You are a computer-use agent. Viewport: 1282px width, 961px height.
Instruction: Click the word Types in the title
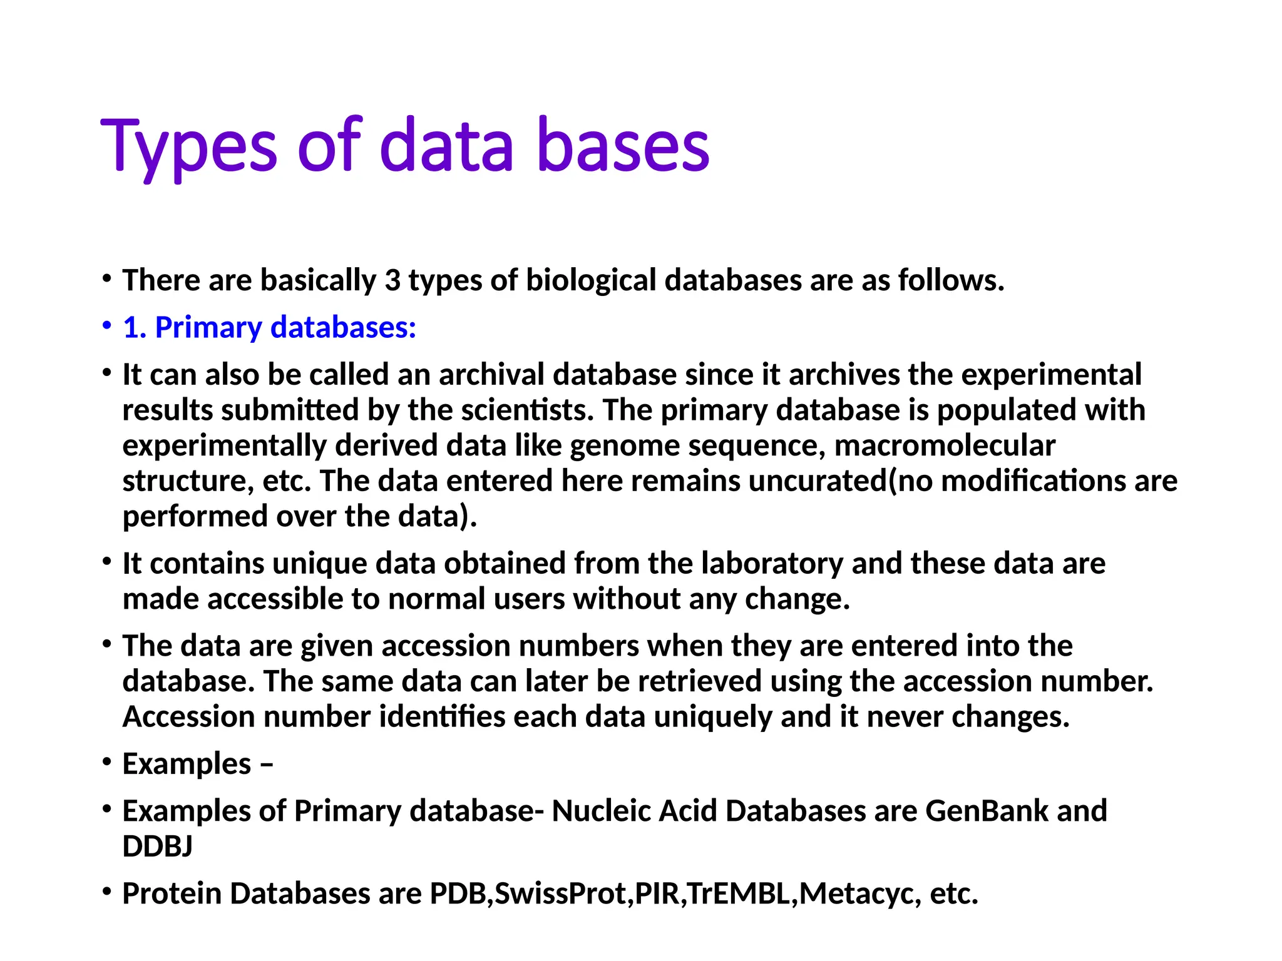point(188,146)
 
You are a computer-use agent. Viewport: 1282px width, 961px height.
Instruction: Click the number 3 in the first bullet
point(392,280)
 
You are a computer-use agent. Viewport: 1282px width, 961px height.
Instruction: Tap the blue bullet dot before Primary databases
point(108,325)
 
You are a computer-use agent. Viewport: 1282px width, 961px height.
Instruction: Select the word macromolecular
point(945,445)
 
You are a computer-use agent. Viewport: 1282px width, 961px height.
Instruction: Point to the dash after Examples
point(266,764)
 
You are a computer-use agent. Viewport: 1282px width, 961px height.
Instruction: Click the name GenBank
point(986,811)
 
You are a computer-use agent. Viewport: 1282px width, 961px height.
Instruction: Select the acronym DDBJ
point(157,847)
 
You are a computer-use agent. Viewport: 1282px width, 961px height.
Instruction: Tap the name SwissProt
point(561,893)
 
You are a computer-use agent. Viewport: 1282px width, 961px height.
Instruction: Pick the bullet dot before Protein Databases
point(108,891)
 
